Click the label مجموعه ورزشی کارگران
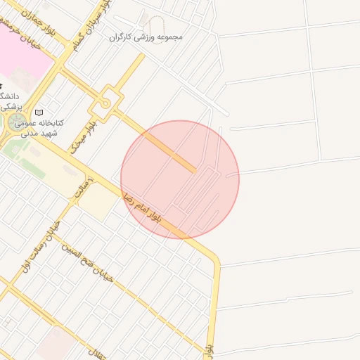[x=146, y=35]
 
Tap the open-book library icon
[x=39, y=112]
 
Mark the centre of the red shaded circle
[x=180, y=179]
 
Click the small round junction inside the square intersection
[x=106, y=103]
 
